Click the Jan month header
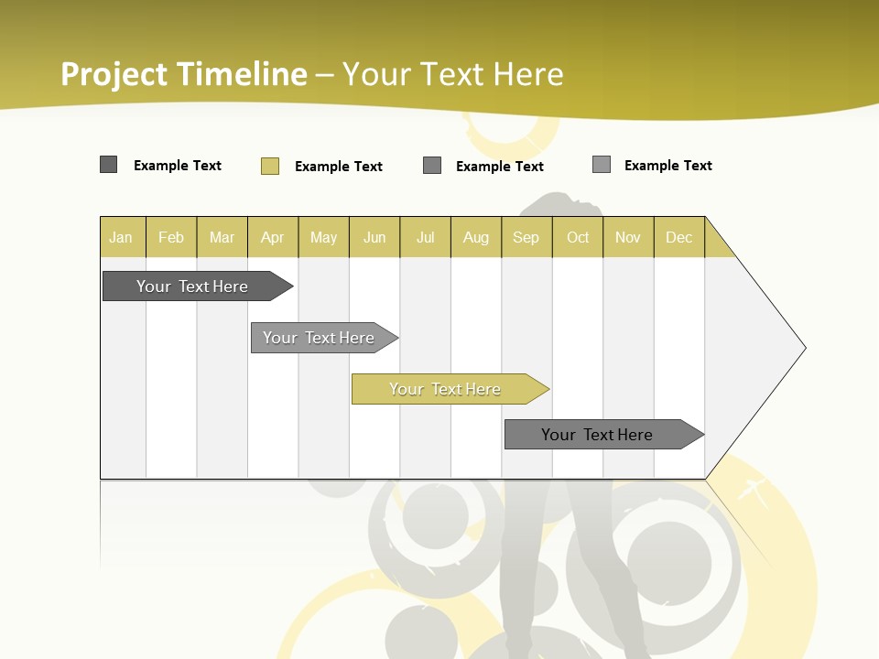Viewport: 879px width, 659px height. pos(121,237)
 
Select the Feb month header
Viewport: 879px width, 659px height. pos(171,237)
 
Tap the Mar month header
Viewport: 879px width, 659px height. pos(222,237)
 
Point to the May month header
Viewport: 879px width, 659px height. pos(323,237)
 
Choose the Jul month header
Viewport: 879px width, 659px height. pos(425,237)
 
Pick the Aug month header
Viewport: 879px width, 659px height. pos(476,237)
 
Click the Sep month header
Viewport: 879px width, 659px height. pos(526,237)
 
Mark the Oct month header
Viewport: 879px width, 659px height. pos(578,237)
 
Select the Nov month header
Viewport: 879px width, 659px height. pos(628,237)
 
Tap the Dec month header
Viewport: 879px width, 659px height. pos(678,237)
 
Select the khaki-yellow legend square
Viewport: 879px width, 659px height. pos(270,166)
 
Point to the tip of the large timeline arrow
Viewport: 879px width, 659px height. pos(804,348)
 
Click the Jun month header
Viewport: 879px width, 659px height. pos(374,237)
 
